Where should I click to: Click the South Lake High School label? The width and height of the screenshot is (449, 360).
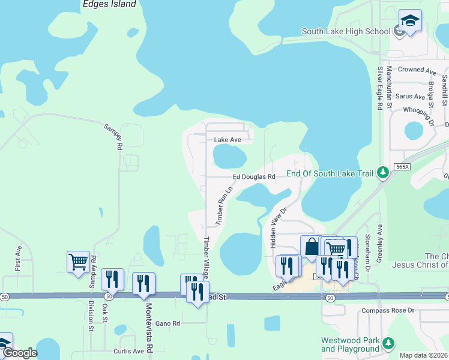click(345, 32)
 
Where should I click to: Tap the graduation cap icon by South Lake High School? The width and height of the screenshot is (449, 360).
click(410, 22)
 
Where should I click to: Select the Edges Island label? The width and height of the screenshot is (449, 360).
click(108, 4)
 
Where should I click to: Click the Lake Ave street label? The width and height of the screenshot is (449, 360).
click(228, 140)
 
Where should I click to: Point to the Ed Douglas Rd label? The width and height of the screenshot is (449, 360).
click(254, 177)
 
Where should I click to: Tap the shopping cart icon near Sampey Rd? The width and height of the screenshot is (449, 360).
click(78, 262)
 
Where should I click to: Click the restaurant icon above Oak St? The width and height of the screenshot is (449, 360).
click(112, 279)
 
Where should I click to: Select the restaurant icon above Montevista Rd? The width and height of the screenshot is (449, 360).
click(143, 283)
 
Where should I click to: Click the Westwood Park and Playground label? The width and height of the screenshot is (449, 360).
click(351, 344)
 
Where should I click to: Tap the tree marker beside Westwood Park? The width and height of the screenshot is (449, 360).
click(388, 343)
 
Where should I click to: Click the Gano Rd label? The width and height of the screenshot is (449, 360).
click(167, 323)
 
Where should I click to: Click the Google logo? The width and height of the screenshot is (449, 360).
click(20, 353)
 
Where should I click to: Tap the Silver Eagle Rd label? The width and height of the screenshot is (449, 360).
click(380, 88)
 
